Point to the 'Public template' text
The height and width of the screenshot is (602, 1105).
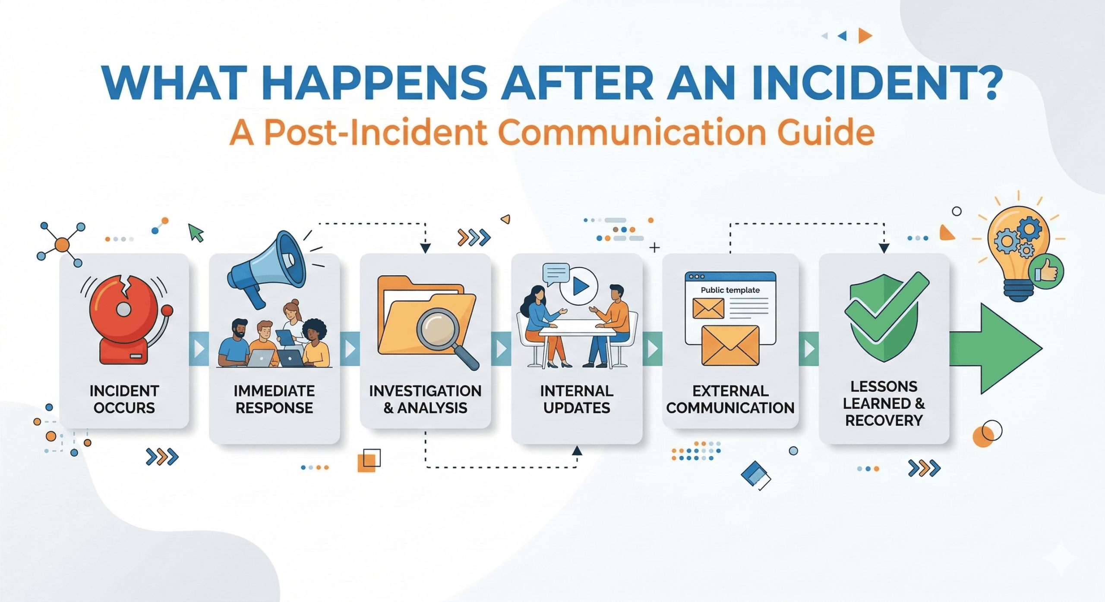point(730,290)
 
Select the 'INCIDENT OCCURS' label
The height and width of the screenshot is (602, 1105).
point(124,399)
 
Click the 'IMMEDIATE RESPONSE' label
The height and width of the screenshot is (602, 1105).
point(275,399)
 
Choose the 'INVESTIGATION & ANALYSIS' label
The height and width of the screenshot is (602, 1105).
point(425,399)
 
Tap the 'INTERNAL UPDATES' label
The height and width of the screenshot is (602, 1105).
point(577,399)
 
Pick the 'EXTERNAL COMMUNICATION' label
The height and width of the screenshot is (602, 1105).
point(730,399)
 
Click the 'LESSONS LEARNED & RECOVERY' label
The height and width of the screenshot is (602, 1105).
point(884,403)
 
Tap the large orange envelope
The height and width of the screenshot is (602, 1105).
point(730,345)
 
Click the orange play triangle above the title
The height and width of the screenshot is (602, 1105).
point(865,36)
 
